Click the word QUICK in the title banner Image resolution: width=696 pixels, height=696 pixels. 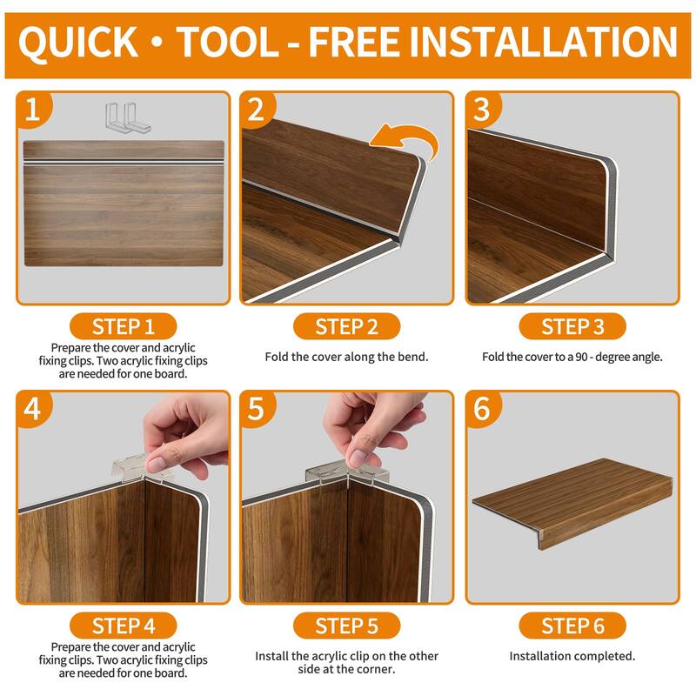tap(78, 42)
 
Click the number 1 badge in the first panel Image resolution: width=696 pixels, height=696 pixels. tap(32, 110)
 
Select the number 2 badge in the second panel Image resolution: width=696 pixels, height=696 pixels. tap(256, 110)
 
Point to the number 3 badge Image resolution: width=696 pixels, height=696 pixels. tap(481, 110)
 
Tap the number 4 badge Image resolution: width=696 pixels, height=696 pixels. tap(32, 409)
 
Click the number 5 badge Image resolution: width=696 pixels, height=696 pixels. tap(256, 409)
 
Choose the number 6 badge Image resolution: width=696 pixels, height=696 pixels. tap(481, 409)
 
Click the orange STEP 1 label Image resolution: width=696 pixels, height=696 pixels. tap(123, 327)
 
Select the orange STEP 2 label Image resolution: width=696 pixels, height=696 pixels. tap(346, 327)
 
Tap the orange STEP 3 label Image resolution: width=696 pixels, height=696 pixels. tap(572, 327)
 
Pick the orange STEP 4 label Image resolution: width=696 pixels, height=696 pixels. tap(123, 626)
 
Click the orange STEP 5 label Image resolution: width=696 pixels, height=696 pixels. tap(346, 626)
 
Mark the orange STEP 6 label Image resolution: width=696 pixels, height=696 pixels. tap(572, 626)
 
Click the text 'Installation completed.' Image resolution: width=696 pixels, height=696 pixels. tap(572, 656)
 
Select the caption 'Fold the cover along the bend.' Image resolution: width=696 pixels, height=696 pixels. tap(346, 357)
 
